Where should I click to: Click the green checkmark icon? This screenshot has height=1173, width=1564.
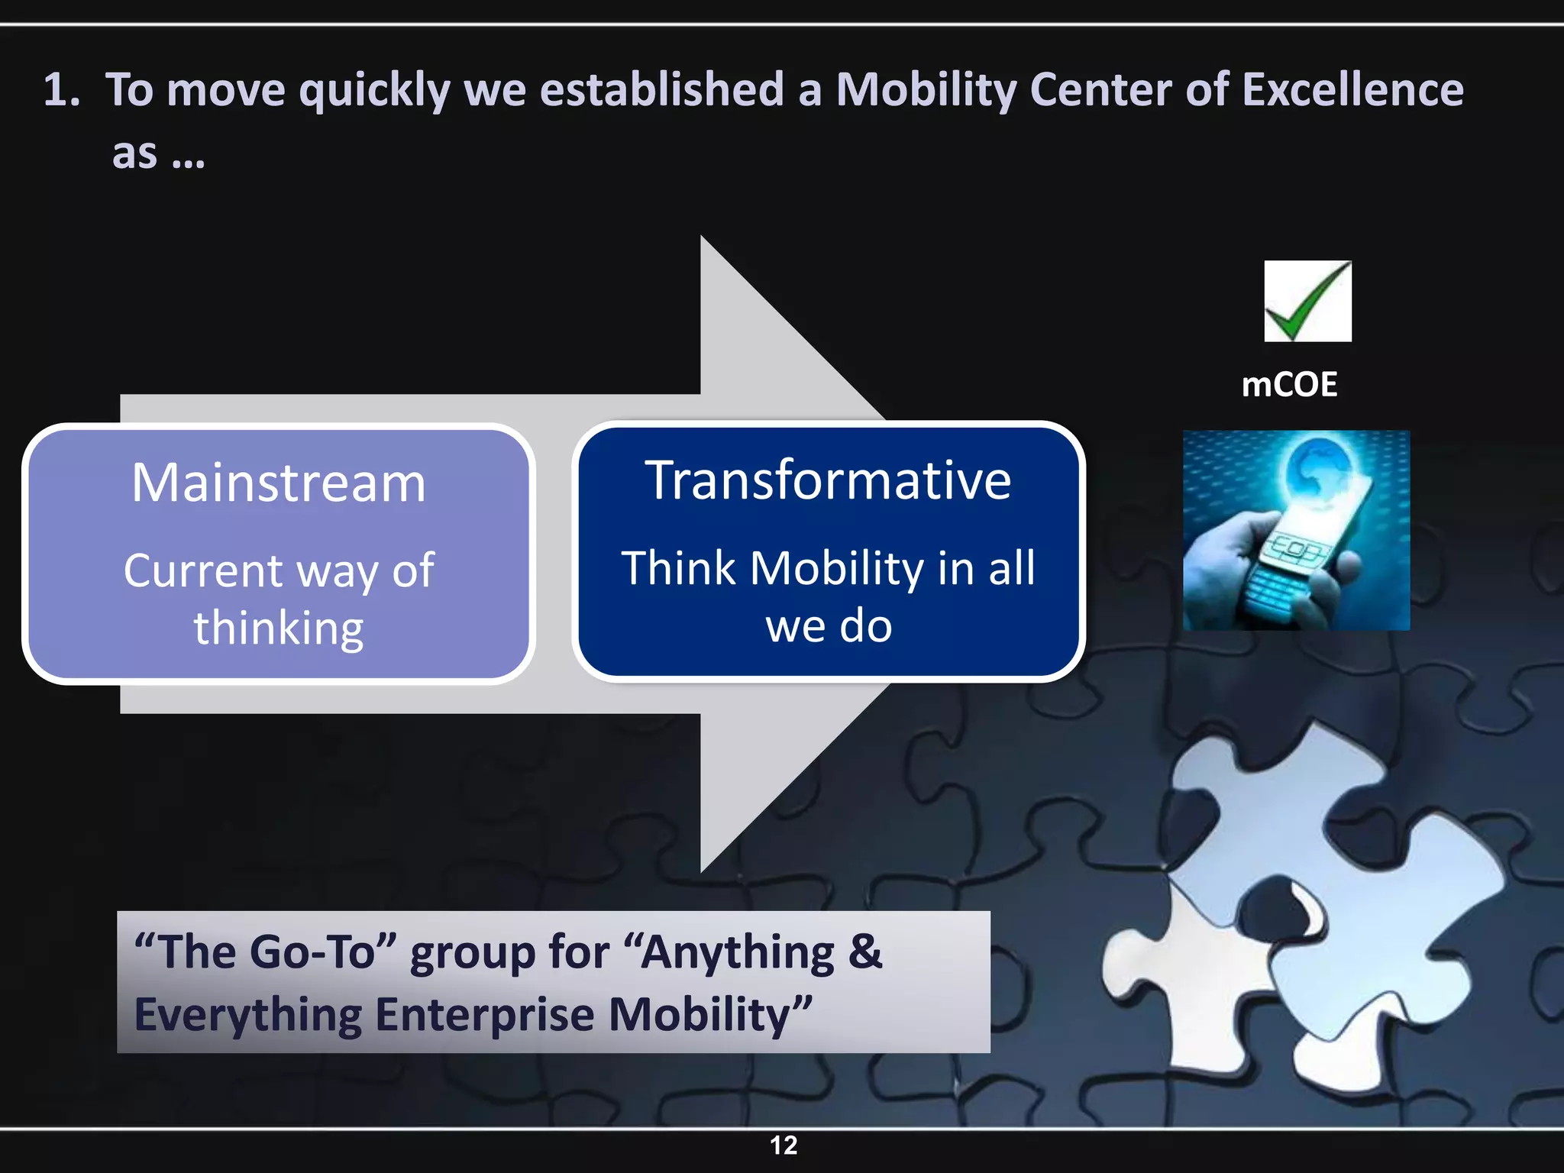[1307, 302]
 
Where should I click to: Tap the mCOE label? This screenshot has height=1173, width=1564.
[1289, 384]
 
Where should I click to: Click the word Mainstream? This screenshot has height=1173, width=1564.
[279, 483]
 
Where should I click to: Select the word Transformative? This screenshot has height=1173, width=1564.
[829, 480]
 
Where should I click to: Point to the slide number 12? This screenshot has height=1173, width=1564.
[784, 1145]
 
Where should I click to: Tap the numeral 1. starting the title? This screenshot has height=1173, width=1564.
[61, 89]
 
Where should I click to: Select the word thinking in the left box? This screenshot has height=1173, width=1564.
[279, 628]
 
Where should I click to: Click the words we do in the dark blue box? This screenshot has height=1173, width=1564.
[829, 626]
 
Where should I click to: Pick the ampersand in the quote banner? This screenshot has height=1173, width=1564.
[864, 952]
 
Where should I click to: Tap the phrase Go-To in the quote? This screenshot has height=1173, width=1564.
[312, 953]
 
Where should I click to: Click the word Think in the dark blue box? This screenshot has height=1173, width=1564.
[679, 569]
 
